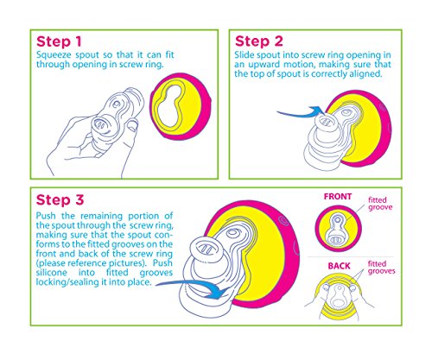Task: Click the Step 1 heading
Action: pyautogui.click(x=59, y=41)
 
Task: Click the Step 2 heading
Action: pyautogui.click(x=259, y=41)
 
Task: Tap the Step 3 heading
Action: pyautogui.click(x=60, y=200)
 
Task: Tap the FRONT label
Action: pyautogui.click(x=338, y=197)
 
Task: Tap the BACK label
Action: pyautogui.click(x=339, y=266)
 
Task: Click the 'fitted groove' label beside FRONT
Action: pyautogui.click(x=380, y=204)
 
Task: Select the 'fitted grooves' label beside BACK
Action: pyautogui.click(x=381, y=268)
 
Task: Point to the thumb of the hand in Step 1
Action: pyautogui.click(x=132, y=127)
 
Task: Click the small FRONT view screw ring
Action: pyautogui.click(x=338, y=229)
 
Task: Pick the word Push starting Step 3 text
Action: pyautogui.click(x=47, y=216)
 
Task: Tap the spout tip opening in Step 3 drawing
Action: pyautogui.click(x=206, y=248)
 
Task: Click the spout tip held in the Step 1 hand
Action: pyautogui.click(x=101, y=124)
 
